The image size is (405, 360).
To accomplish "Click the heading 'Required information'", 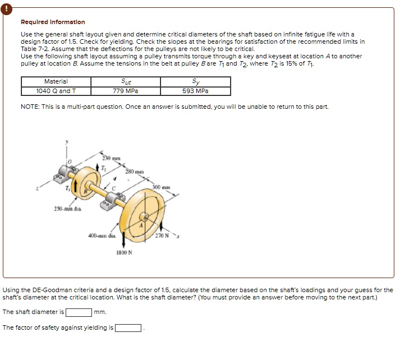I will coord(53,22).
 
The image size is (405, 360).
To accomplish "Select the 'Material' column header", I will coord(56,82).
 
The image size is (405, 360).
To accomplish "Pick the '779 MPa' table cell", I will coord(126,91).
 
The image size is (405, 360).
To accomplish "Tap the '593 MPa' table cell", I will coord(195,91).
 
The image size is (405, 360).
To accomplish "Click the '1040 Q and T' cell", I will coord(56,91).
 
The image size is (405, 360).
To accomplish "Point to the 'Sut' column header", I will coord(126,82).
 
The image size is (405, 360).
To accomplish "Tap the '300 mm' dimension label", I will coord(161,186).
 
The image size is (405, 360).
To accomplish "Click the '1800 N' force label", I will coord(124,252).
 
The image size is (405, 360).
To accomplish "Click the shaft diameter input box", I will coord(79,312).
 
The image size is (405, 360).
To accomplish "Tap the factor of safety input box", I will coord(128,328).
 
